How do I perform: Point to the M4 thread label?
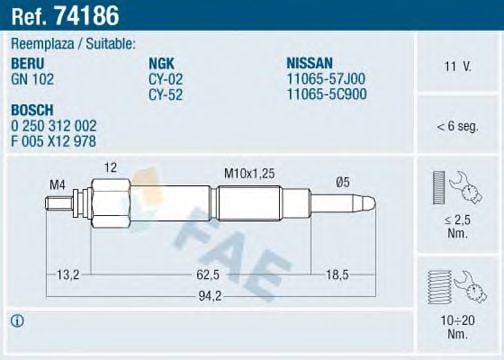point(59,183)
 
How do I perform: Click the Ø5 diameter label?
point(342,181)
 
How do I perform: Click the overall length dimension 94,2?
point(207,296)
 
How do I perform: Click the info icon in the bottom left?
point(16,321)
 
